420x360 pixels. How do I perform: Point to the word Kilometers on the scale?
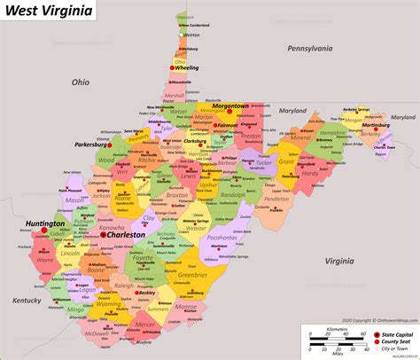pos(335,327)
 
